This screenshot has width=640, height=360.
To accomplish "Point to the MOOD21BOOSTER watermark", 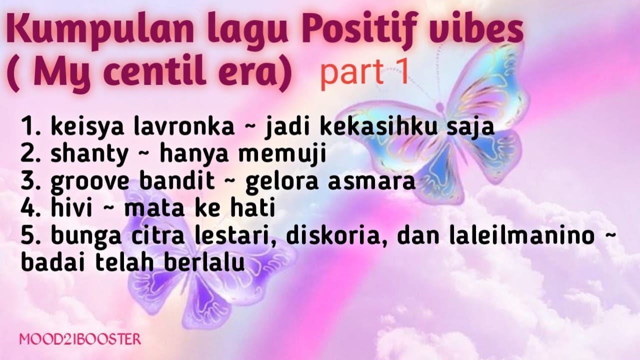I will click(80, 339).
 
